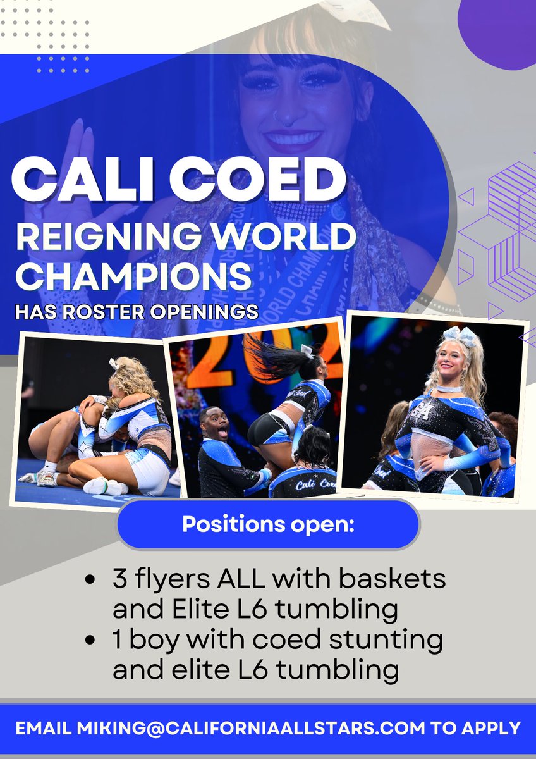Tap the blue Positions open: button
point(268,524)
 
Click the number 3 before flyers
point(119,580)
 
